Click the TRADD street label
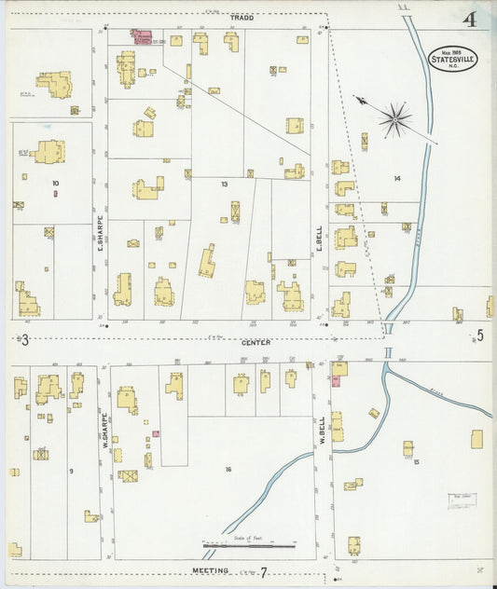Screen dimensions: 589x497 pos(242,19)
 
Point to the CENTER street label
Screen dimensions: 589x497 pos(255,342)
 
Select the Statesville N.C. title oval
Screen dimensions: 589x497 pos(453,58)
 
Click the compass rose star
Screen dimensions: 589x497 pos(395,118)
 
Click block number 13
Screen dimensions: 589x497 pos(224,185)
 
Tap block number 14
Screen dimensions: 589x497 pos(396,178)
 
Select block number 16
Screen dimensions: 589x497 pos(228,469)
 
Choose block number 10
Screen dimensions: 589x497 pos(56,183)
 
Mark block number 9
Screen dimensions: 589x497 pos(70,470)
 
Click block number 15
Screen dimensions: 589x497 pos(416,461)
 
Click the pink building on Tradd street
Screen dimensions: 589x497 pos(143,36)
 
